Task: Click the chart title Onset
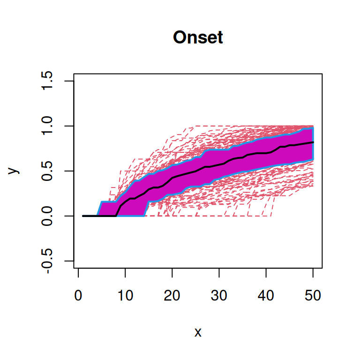click(x=198, y=37)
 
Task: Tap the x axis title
click(x=198, y=332)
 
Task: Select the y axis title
click(x=15, y=171)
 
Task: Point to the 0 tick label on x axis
click(x=78, y=296)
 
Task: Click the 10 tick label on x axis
click(x=125, y=296)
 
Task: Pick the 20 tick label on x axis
click(x=172, y=296)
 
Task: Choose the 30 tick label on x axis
click(x=219, y=296)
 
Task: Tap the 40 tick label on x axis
click(x=266, y=296)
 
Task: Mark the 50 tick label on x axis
click(x=313, y=296)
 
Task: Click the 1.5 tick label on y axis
click(x=47, y=81)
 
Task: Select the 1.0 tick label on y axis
click(x=47, y=126)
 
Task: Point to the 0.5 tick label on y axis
click(x=47, y=171)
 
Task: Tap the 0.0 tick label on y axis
click(x=47, y=216)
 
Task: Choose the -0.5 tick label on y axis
click(x=47, y=261)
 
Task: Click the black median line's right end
click(x=313, y=142)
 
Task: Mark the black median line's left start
click(x=83, y=216)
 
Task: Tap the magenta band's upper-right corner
click(x=312, y=128)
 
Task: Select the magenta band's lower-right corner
click(x=312, y=159)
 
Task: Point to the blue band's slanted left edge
click(x=99, y=209)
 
